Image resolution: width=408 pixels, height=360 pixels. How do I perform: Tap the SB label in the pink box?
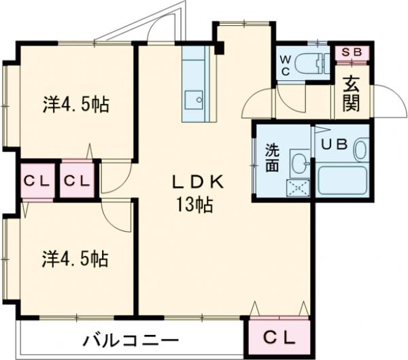pyautogui.click(x=352, y=52)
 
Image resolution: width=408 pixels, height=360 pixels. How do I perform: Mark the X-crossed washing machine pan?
pyautogui.click(x=298, y=188)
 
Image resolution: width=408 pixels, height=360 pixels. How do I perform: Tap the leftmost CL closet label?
pyautogui.click(x=35, y=181)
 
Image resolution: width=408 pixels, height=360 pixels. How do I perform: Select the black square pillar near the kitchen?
pyautogui.click(x=219, y=48)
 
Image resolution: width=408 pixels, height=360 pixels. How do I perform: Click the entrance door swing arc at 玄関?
pyautogui.click(x=384, y=102)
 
